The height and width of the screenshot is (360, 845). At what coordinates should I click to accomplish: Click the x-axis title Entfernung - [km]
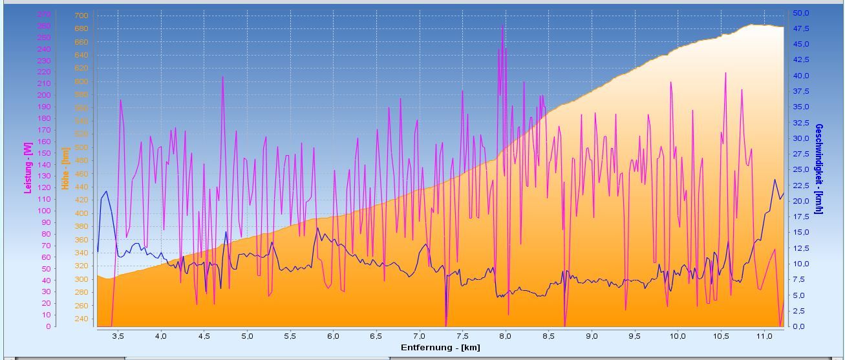click(440, 348)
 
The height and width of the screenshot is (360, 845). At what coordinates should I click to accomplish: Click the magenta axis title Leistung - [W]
click(28, 168)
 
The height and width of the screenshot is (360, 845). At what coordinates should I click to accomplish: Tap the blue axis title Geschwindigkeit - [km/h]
click(819, 169)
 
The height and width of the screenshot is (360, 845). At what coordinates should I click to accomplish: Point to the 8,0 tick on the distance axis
click(506, 336)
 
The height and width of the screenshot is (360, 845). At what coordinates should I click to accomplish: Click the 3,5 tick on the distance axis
click(118, 336)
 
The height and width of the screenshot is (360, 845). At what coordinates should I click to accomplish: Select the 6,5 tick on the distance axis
click(376, 336)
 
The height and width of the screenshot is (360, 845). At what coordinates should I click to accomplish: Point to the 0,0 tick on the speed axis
click(798, 326)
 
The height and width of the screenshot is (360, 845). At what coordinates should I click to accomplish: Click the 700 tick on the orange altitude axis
click(81, 16)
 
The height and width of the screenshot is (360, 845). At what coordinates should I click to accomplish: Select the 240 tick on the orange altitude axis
click(81, 319)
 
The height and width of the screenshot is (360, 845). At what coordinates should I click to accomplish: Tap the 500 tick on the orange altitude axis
click(81, 147)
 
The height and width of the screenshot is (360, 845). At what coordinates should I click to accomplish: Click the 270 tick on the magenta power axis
click(44, 14)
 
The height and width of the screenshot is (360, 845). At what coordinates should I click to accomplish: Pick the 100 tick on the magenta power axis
click(44, 211)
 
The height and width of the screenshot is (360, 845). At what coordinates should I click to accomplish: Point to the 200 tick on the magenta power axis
click(44, 95)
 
